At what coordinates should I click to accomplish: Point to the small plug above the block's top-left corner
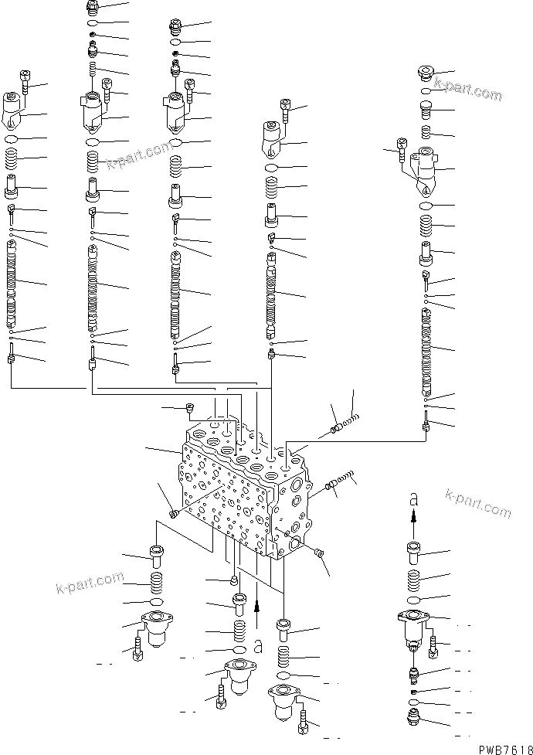(188, 408)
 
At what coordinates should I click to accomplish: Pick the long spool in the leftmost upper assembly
(12, 281)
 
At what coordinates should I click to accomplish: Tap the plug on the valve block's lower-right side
(320, 551)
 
